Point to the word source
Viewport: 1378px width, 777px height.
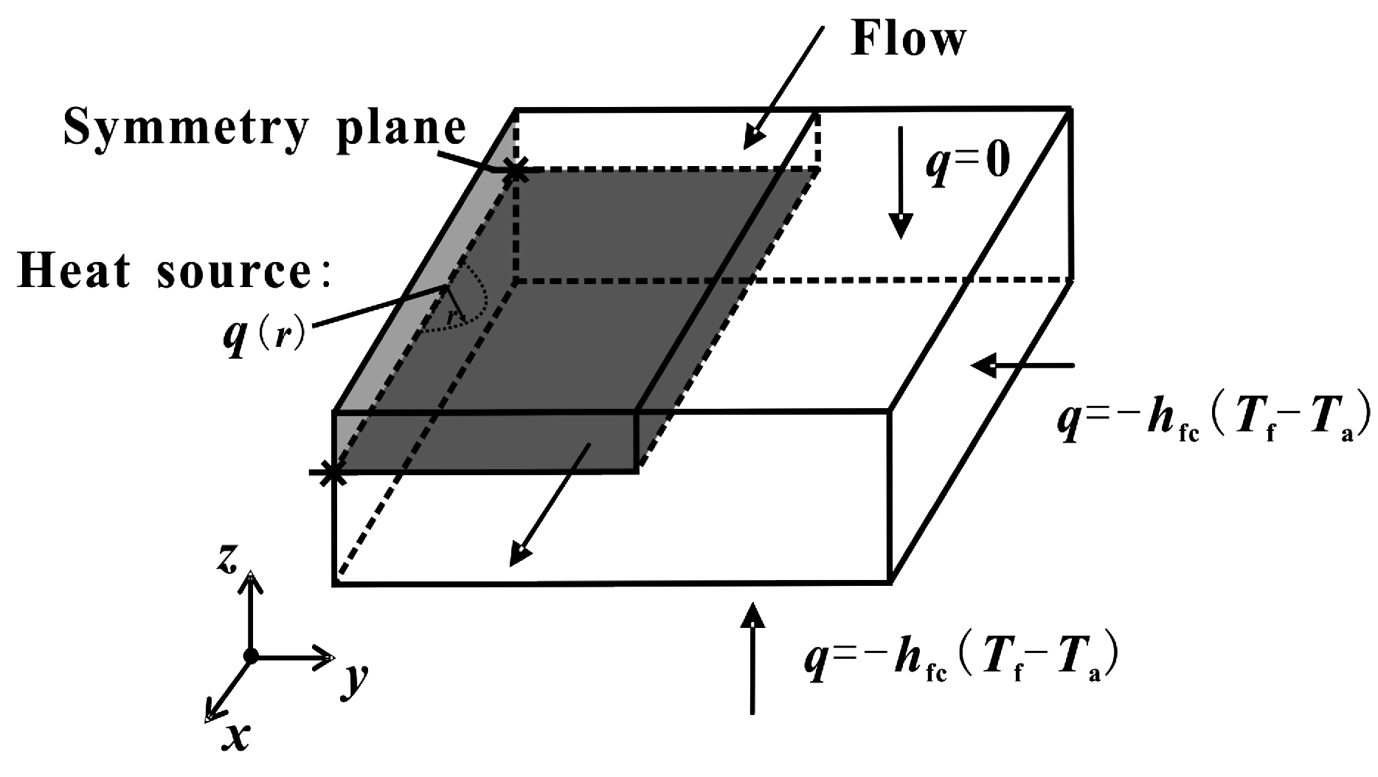tap(246, 273)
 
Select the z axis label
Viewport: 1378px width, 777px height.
tap(227, 560)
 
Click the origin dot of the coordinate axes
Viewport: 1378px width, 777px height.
tap(252, 655)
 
